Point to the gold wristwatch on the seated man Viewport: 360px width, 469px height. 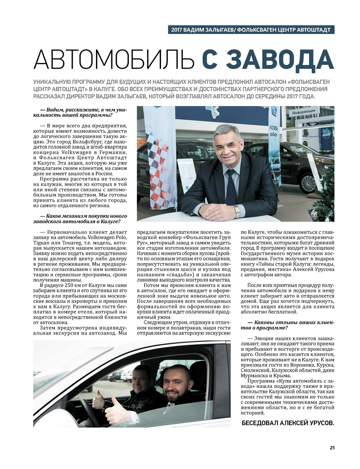coord(237,209)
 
